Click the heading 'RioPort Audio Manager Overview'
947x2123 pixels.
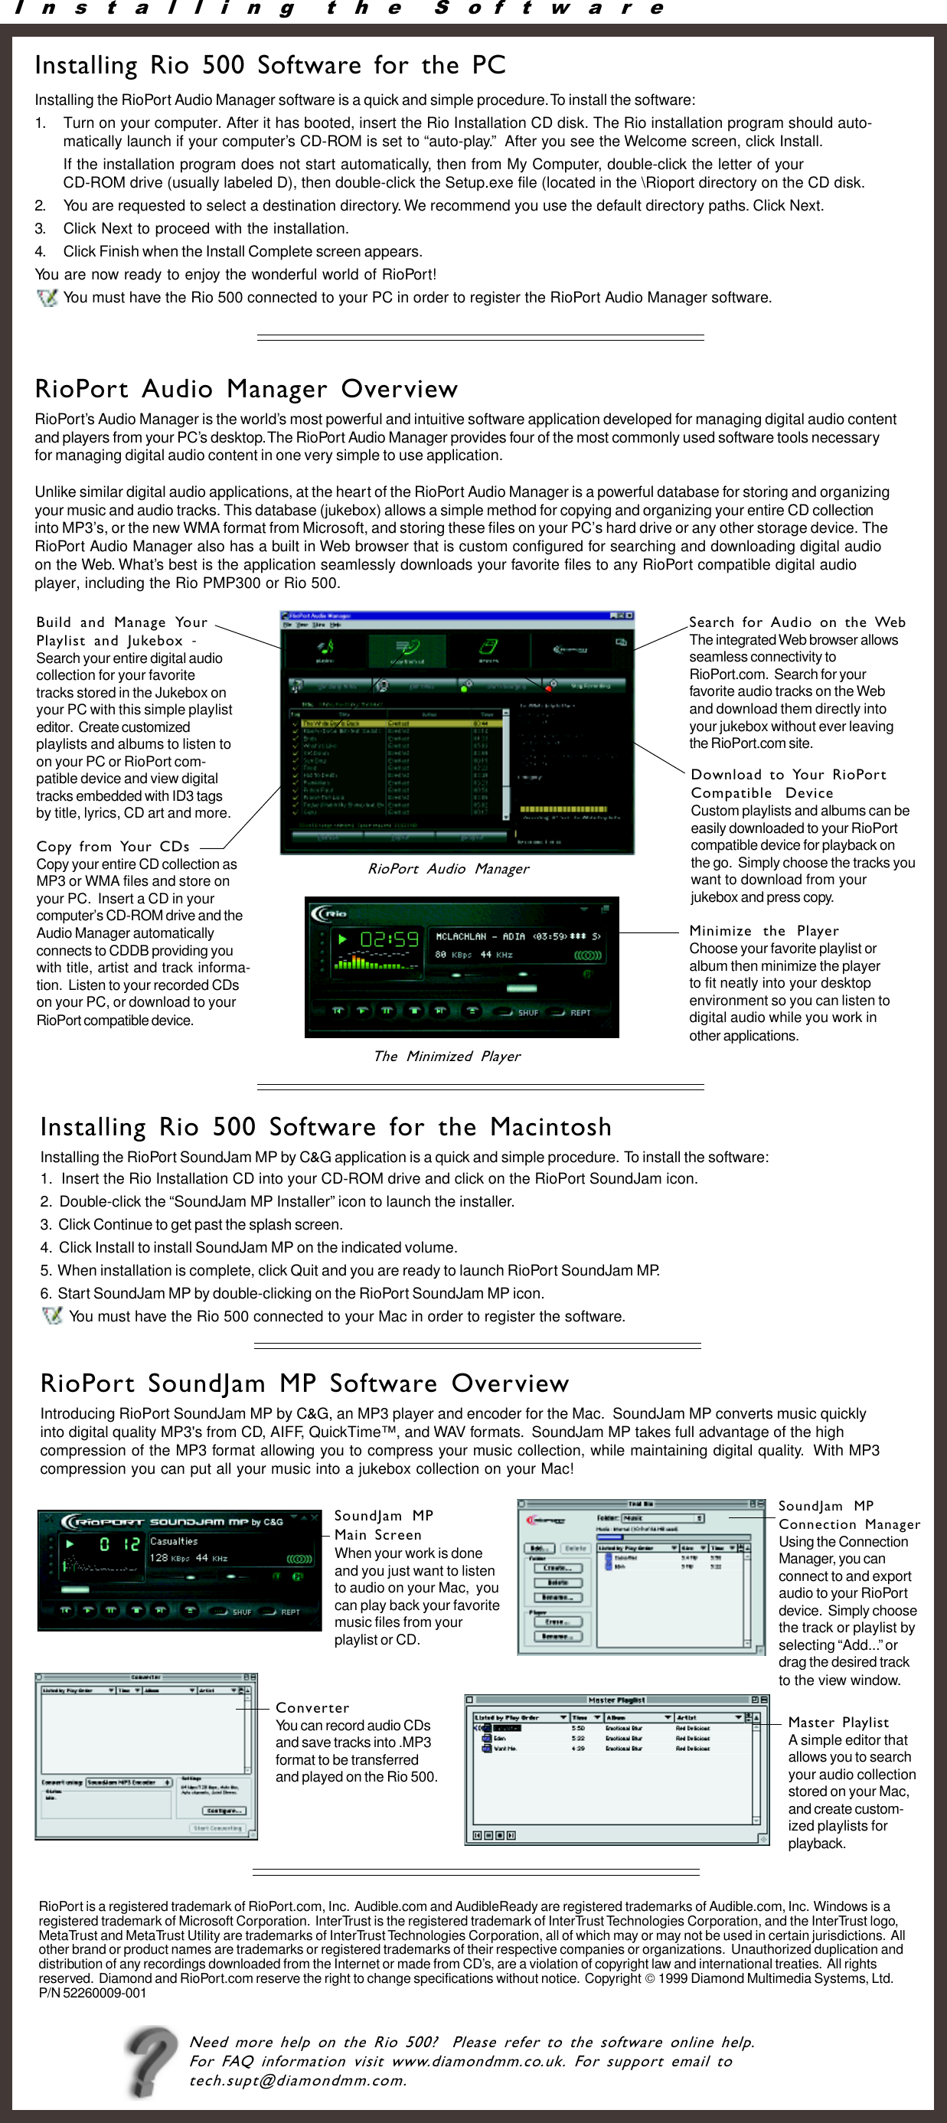(246, 389)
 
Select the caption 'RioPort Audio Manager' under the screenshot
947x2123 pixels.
(448, 869)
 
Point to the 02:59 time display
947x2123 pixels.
(389, 939)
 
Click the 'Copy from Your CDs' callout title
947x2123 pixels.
(113, 847)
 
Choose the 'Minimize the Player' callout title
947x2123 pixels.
(763, 930)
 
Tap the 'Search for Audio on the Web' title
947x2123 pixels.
(796, 622)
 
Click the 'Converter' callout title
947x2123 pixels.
(312, 1707)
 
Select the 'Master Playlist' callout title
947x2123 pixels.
(838, 1722)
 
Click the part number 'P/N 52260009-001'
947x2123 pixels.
(93, 1993)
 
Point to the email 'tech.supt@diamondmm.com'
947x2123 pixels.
(298, 2080)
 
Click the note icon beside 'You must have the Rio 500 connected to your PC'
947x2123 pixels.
(47, 298)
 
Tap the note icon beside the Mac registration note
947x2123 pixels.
(52, 1315)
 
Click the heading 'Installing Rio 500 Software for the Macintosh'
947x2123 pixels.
(325, 1127)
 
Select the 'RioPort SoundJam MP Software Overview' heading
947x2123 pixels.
(304, 1383)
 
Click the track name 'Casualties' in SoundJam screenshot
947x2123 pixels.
(174, 1541)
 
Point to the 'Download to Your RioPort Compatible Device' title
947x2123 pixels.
(788, 783)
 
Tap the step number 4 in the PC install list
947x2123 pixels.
(40, 251)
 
